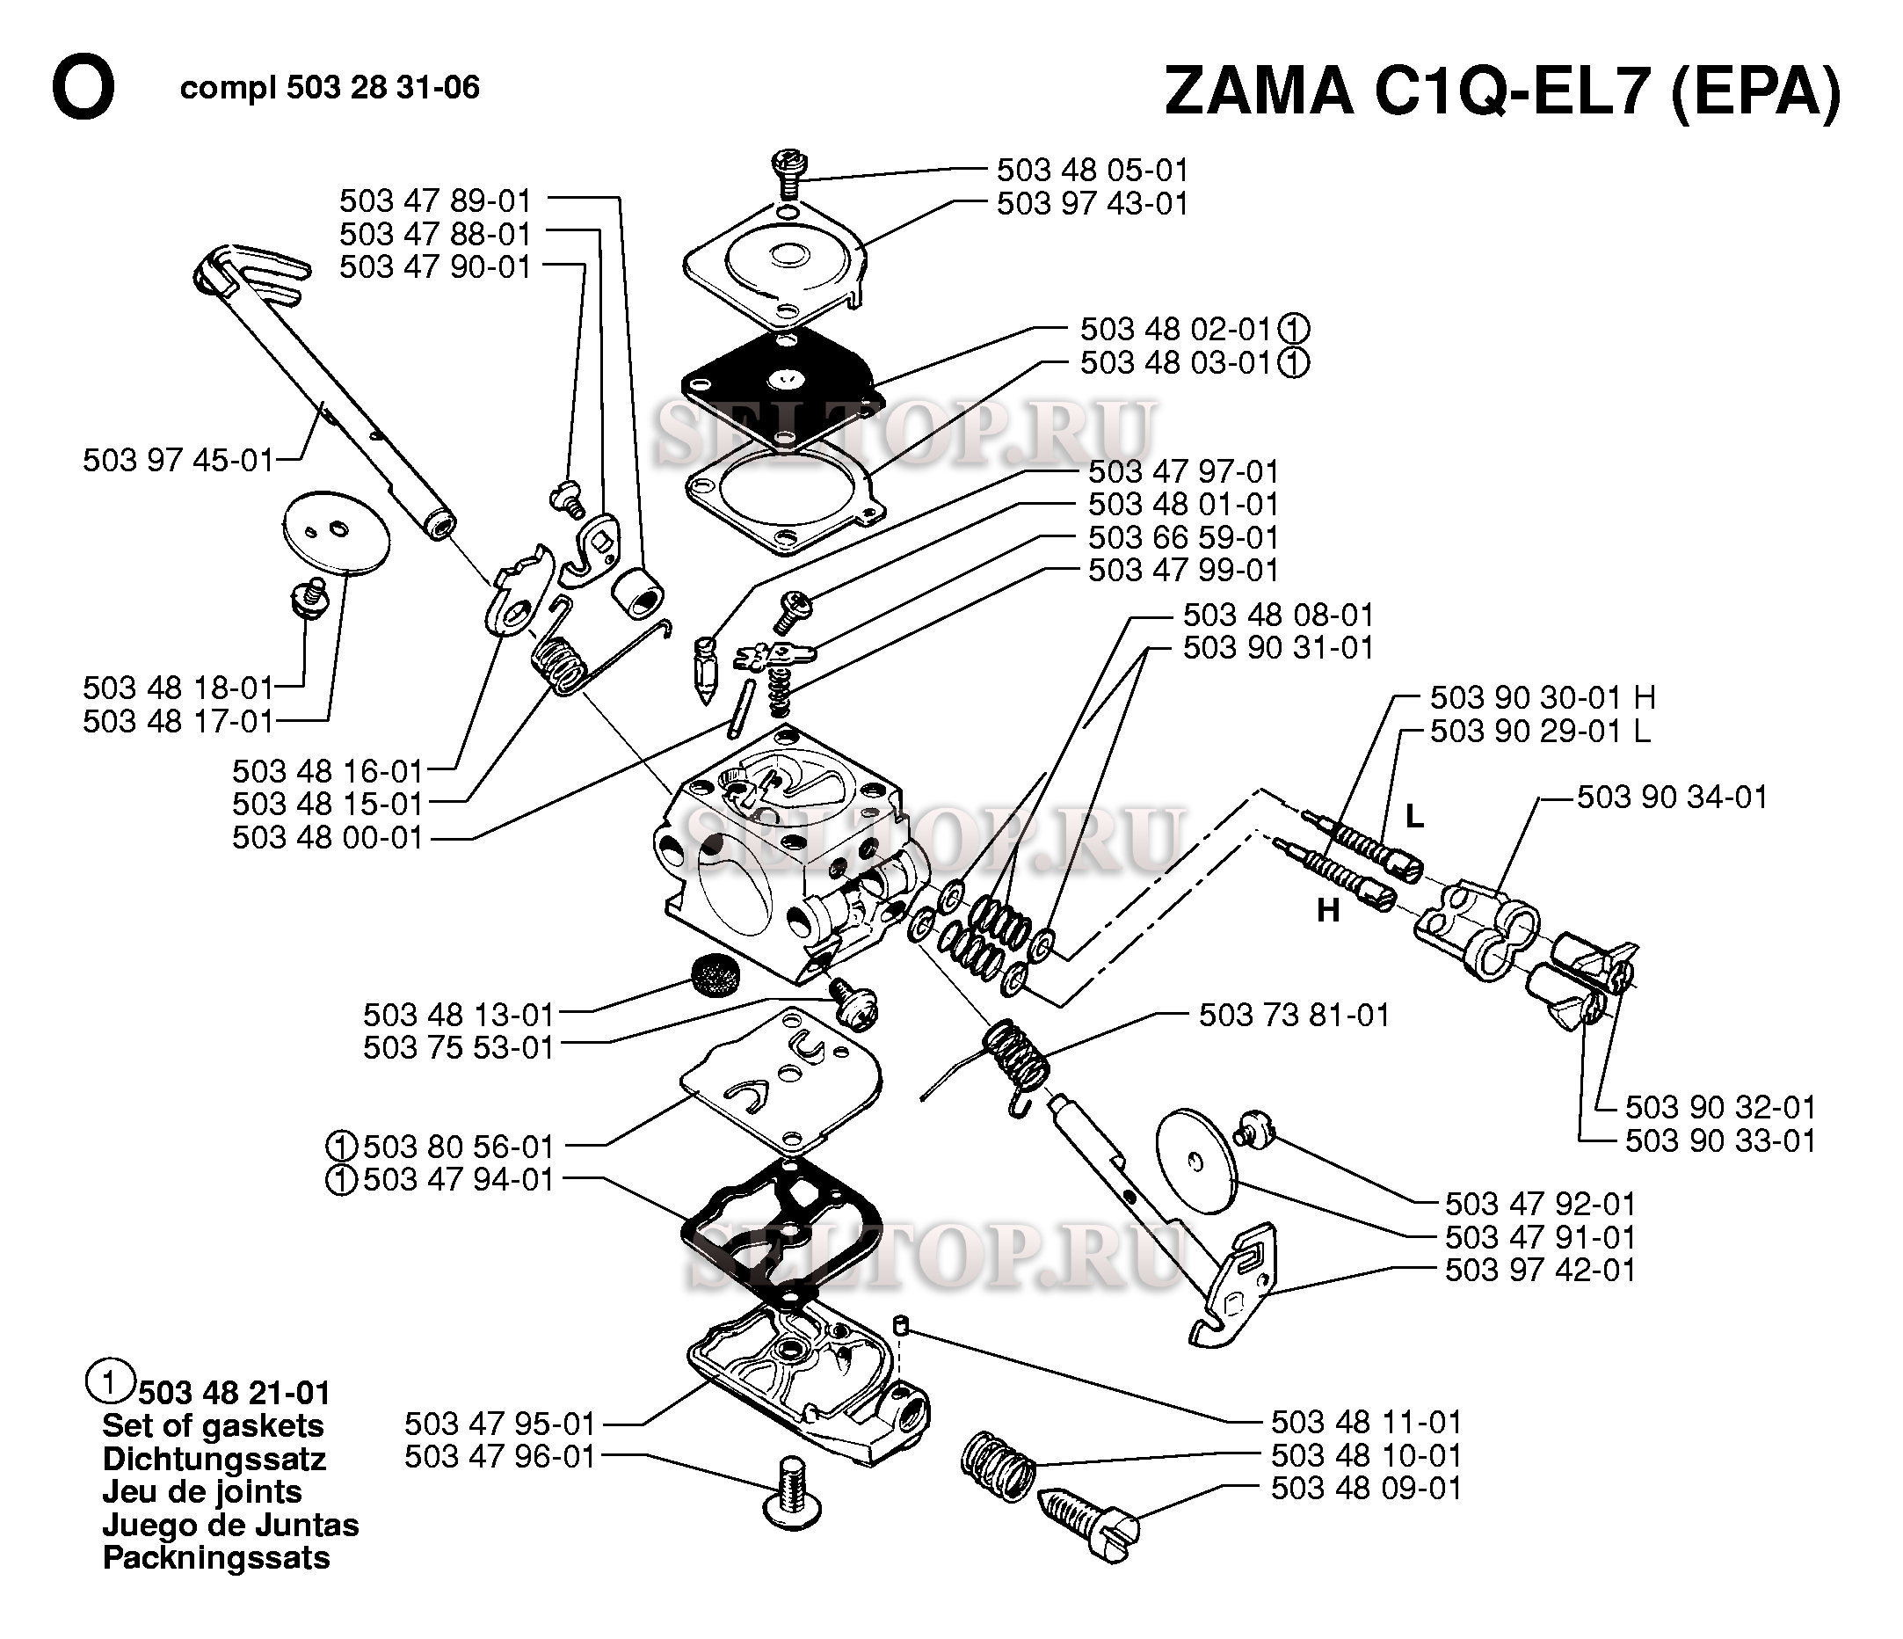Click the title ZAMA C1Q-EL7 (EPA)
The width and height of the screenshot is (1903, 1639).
1502,91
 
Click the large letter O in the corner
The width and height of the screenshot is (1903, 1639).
83,89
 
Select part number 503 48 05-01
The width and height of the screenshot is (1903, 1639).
1092,170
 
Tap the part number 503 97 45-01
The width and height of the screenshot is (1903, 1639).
178,459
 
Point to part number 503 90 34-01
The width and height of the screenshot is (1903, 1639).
1672,797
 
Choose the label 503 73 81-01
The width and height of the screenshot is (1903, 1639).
1293,1016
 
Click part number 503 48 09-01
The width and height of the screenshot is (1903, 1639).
1366,1488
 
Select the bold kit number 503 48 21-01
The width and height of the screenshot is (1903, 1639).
233,1393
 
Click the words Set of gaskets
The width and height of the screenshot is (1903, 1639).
213,1426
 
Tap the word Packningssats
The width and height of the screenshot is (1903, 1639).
216,1557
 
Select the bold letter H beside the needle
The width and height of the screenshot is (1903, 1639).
1328,910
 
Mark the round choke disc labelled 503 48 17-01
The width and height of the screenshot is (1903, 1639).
336,533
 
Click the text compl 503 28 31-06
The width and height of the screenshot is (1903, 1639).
330,88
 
